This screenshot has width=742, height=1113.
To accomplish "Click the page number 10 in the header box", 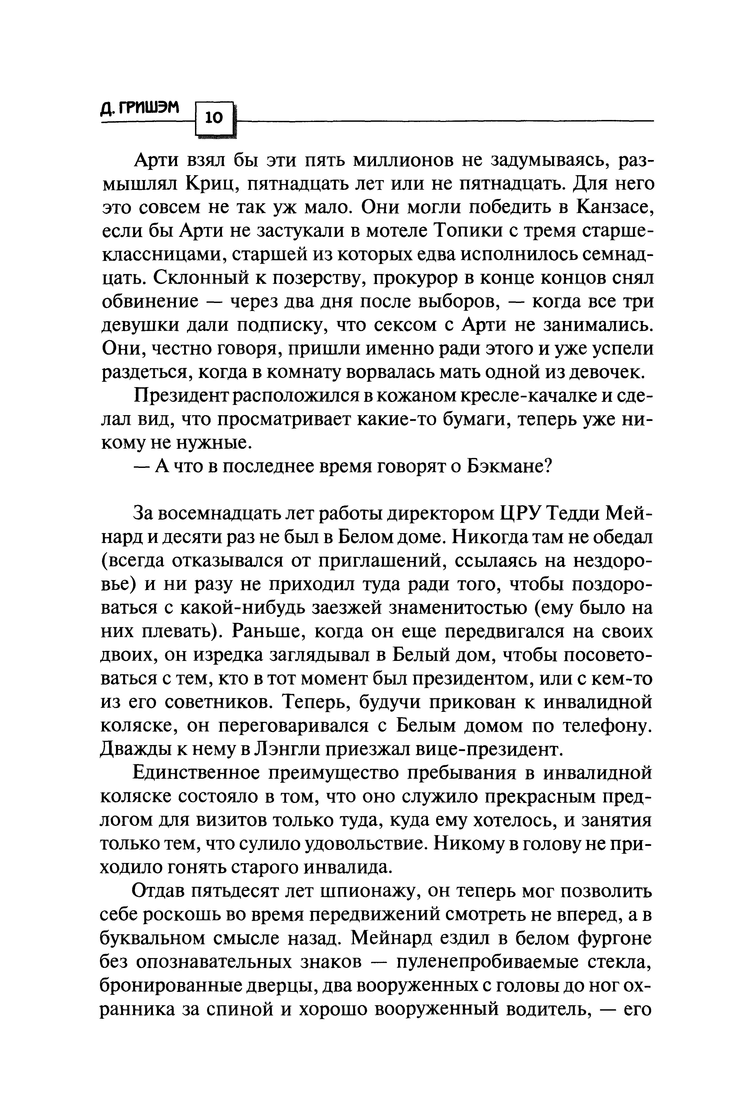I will click(x=214, y=117).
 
